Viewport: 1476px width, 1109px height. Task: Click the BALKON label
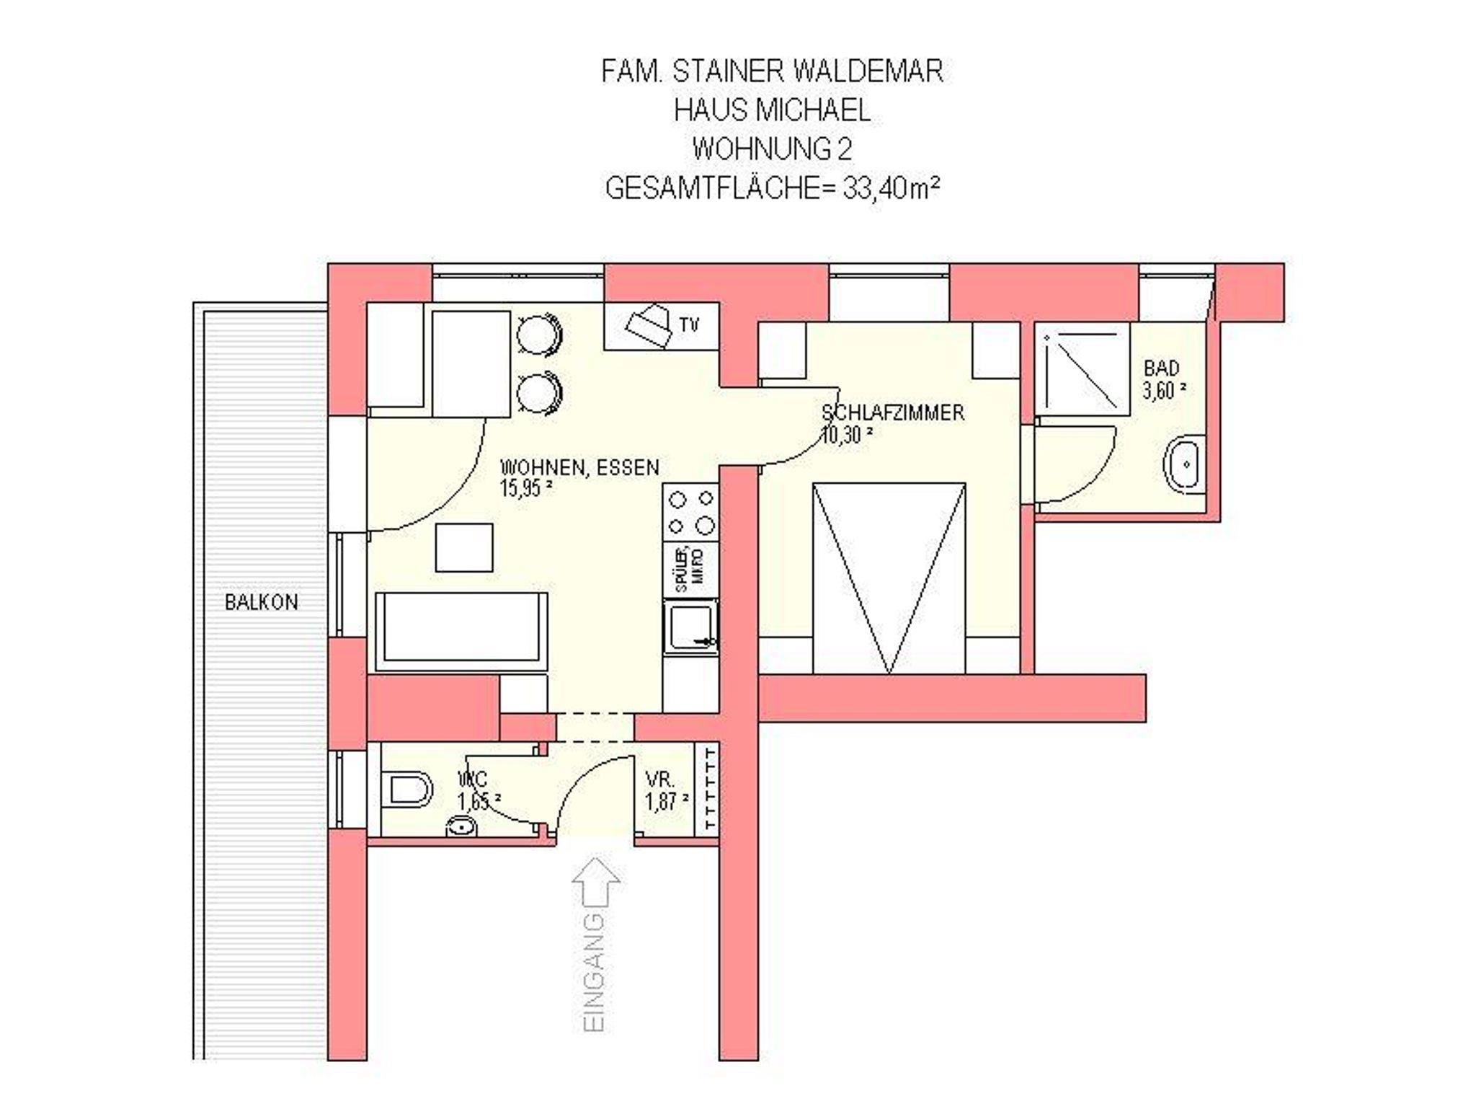click(x=261, y=602)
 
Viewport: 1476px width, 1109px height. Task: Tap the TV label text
click(x=689, y=325)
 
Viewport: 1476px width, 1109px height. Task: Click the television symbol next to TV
click(x=649, y=327)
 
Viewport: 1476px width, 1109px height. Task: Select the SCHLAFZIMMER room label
click(x=893, y=413)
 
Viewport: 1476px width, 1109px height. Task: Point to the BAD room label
click(x=1161, y=368)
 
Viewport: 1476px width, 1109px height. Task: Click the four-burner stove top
click(x=691, y=512)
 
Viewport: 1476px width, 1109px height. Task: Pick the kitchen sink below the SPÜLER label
click(x=690, y=626)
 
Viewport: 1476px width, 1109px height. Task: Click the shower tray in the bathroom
click(x=1082, y=368)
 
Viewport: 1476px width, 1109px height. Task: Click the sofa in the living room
click(x=461, y=632)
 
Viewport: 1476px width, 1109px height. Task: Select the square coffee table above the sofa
click(x=464, y=547)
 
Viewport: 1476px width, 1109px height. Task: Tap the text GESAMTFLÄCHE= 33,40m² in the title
click(x=773, y=188)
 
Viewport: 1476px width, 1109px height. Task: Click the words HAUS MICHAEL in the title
click(x=773, y=110)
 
